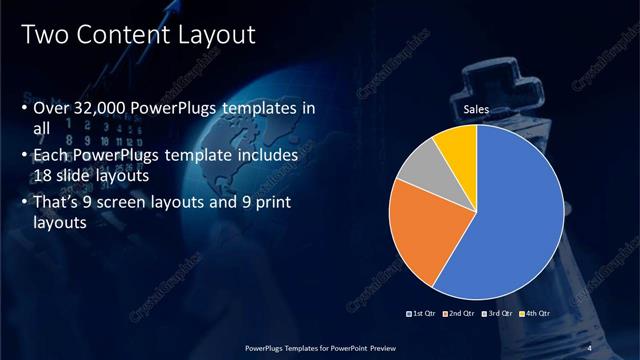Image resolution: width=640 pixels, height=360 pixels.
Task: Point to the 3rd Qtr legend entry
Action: tap(500, 313)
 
